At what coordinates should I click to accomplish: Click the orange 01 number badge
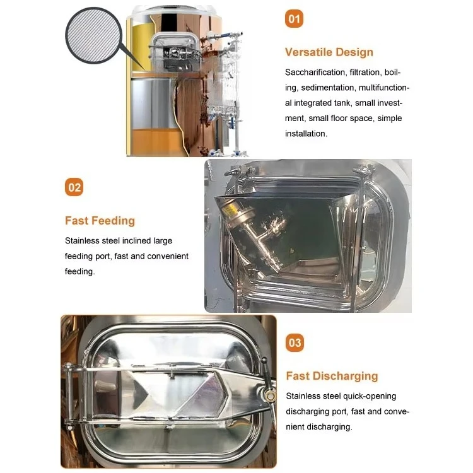(294, 19)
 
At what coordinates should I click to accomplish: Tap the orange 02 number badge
(74, 187)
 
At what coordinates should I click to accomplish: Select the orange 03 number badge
(295, 342)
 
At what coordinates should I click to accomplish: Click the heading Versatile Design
(329, 52)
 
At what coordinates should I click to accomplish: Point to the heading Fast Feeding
(100, 221)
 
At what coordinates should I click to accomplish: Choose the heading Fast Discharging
(332, 376)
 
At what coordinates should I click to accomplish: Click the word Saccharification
(315, 73)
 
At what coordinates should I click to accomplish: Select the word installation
(306, 134)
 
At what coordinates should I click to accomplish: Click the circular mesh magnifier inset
(93, 35)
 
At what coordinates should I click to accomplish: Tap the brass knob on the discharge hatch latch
(270, 395)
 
